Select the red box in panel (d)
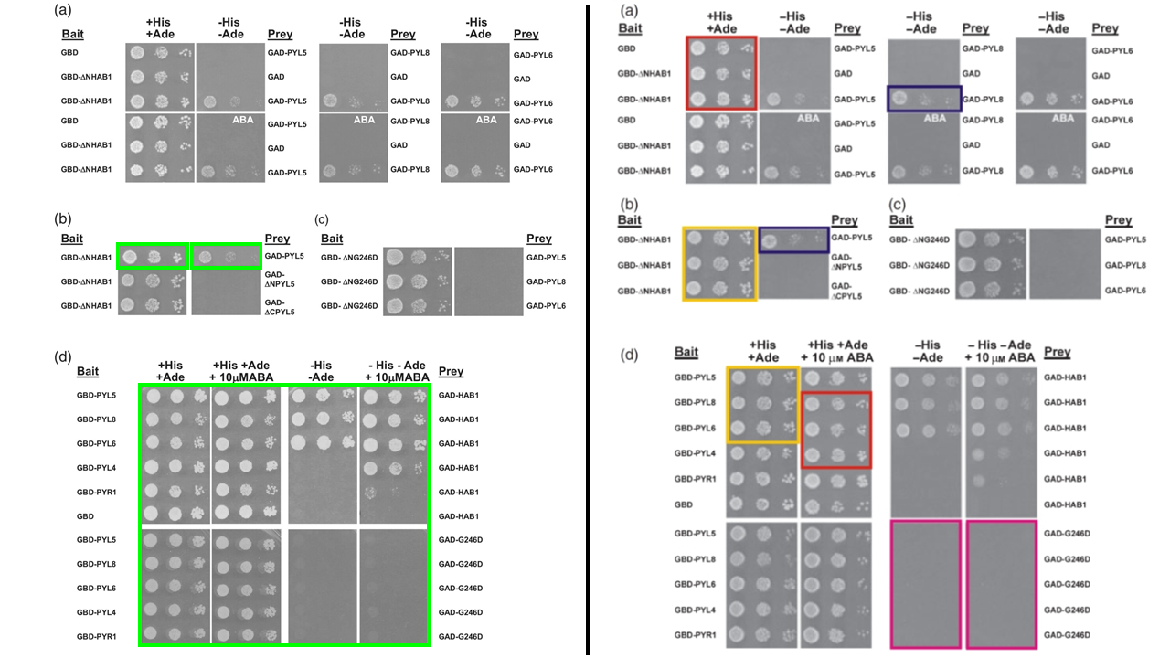[837, 430]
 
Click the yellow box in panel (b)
[721, 264]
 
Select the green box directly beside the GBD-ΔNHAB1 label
[153, 257]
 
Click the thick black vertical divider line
[588, 329]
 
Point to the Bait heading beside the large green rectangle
[88, 372]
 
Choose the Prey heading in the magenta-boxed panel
[1057, 353]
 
